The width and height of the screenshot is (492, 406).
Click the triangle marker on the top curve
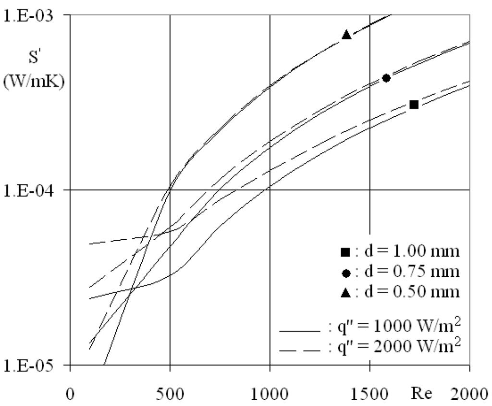coord(346,34)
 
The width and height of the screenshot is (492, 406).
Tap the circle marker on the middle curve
coord(386,78)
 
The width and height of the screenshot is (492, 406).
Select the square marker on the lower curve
coord(414,104)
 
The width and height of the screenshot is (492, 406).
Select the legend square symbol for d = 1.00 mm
coord(344,251)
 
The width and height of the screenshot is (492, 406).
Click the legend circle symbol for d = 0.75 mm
coord(345,273)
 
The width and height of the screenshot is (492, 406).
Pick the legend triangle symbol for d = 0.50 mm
coord(344,293)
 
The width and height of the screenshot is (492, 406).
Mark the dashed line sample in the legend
coord(299,352)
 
